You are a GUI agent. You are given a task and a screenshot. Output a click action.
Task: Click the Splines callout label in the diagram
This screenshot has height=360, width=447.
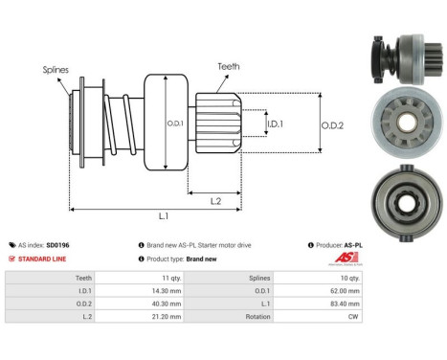[55, 70]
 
